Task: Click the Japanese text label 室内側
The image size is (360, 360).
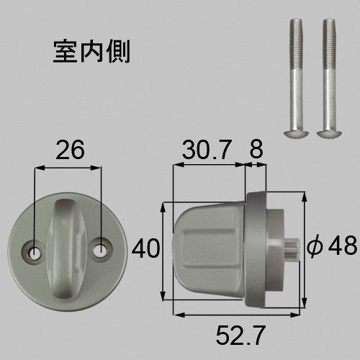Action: pos(91,51)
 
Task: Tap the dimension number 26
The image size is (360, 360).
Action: pos(70,150)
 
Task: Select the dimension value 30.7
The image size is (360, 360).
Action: pos(207,150)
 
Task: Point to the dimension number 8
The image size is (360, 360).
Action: pos(256,149)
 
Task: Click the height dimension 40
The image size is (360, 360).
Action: pos(145,248)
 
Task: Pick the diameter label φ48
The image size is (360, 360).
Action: pos(332,246)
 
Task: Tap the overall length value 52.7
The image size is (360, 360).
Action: pos(240,335)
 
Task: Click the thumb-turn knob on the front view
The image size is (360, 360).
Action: pos(66,249)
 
